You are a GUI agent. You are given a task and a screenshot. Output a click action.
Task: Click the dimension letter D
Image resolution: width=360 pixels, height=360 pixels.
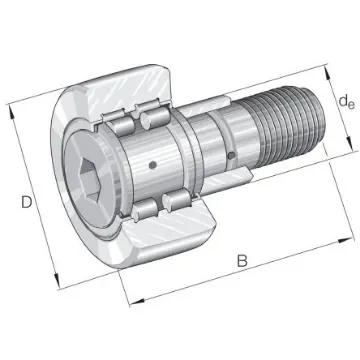coord(23,204)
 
